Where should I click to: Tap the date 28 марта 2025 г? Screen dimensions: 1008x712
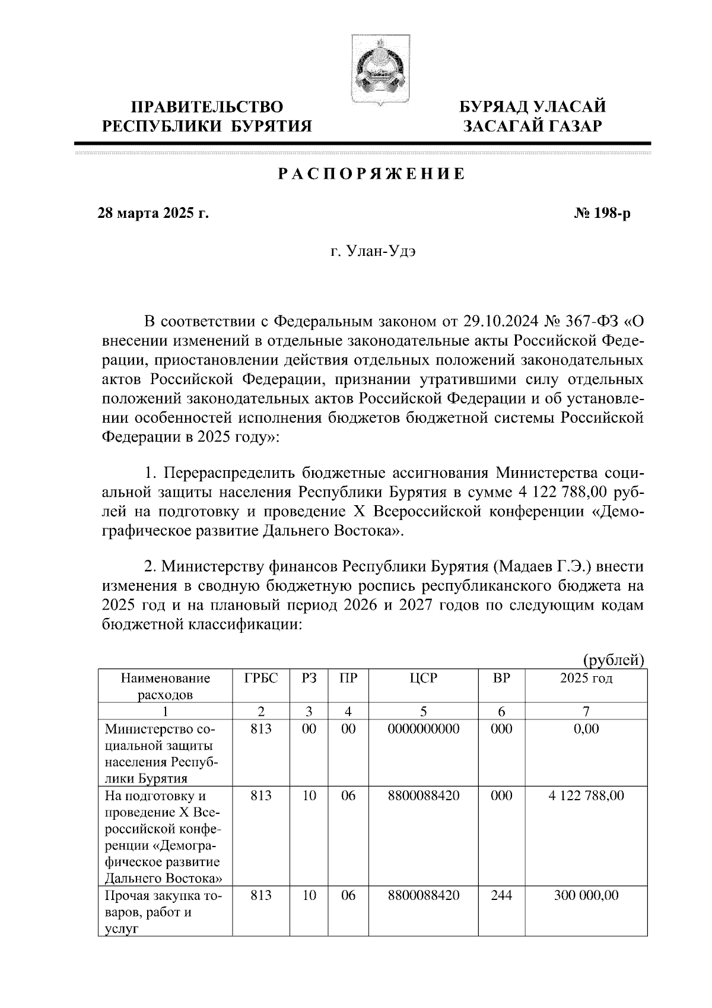pyautogui.click(x=153, y=213)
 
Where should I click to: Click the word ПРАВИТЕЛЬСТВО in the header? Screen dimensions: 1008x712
pyautogui.click(x=207, y=107)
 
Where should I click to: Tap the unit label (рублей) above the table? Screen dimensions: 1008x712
pyautogui.click(x=614, y=660)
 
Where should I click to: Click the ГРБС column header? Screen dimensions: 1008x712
pyautogui.click(x=261, y=678)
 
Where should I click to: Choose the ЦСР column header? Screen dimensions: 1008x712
pyautogui.click(x=423, y=678)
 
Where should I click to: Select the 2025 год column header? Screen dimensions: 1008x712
pyautogui.click(x=586, y=678)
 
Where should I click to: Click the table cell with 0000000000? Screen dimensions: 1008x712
pyautogui.click(x=423, y=729)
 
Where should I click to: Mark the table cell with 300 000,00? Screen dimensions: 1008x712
pyautogui.click(x=586, y=895)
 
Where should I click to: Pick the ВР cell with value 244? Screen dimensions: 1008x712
pyautogui.click(x=501, y=895)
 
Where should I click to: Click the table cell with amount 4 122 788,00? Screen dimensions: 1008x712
pyautogui.click(x=586, y=795)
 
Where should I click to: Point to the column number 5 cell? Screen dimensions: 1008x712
pyautogui.click(x=423, y=711)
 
